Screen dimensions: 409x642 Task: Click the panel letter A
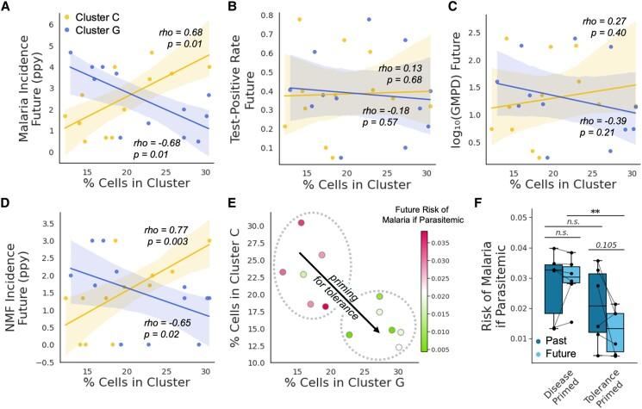tap(8, 8)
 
